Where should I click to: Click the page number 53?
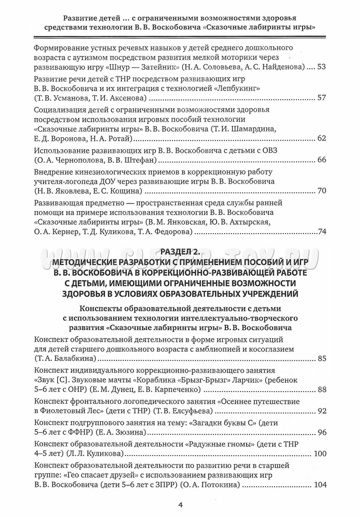click(322, 67)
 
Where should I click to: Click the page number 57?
click(322, 99)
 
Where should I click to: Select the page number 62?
click(322, 139)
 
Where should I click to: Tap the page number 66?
click(322, 160)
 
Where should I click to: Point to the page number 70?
click(322, 191)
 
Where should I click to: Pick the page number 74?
click(322, 232)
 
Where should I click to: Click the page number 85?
click(322, 358)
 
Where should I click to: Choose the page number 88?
click(322, 389)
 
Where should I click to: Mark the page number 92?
click(322, 411)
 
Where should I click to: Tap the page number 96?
click(322, 432)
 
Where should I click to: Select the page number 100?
click(320, 453)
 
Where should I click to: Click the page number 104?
click(320, 485)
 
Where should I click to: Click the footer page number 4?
click(180, 505)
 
